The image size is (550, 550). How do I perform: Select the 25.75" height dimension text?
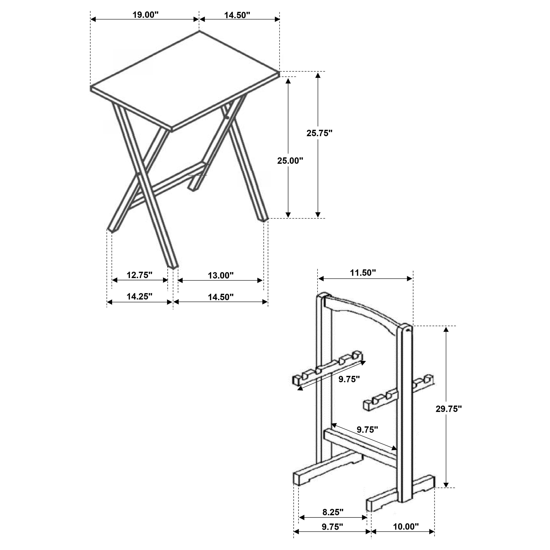coord(319,133)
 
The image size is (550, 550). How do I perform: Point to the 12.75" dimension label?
coord(139,275)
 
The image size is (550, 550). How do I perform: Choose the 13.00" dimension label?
coord(221,276)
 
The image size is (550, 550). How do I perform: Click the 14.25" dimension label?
coord(139,297)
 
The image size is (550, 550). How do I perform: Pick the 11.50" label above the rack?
coord(363,273)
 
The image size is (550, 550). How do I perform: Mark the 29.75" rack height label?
coord(448,409)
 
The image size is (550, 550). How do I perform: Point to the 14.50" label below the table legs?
coord(221,297)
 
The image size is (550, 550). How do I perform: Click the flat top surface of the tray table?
coord(185,80)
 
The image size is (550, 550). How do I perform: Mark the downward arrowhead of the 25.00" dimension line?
coord(288,214)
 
